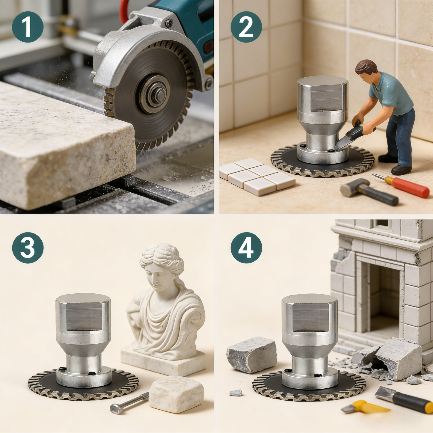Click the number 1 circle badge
(x=28, y=27)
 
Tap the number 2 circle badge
(x=246, y=27)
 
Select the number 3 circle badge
(x=28, y=248)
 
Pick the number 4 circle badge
(x=246, y=248)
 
